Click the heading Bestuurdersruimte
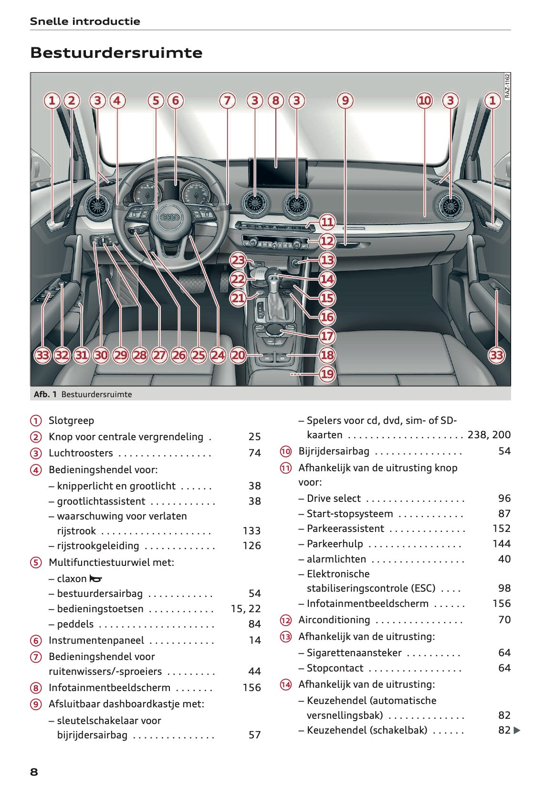(x=116, y=53)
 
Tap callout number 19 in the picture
(x=327, y=374)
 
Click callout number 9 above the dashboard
(x=345, y=100)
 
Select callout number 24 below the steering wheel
(x=218, y=355)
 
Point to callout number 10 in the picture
(x=424, y=100)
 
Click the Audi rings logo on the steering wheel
(x=170, y=217)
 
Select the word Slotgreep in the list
(x=72, y=421)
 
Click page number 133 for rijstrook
(x=252, y=531)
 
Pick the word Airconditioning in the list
(x=334, y=620)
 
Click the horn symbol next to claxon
(x=95, y=579)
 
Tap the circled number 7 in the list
(x=36, y=657)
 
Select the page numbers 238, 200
(x=489, y=435)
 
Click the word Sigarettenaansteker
(x=354, y=653)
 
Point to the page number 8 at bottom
(x=34, y=772)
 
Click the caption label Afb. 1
(x=45, y=394)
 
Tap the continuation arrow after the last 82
(x=517, y=730)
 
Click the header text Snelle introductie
(x=85, y=21)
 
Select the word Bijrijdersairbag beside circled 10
(x=334, y=451)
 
